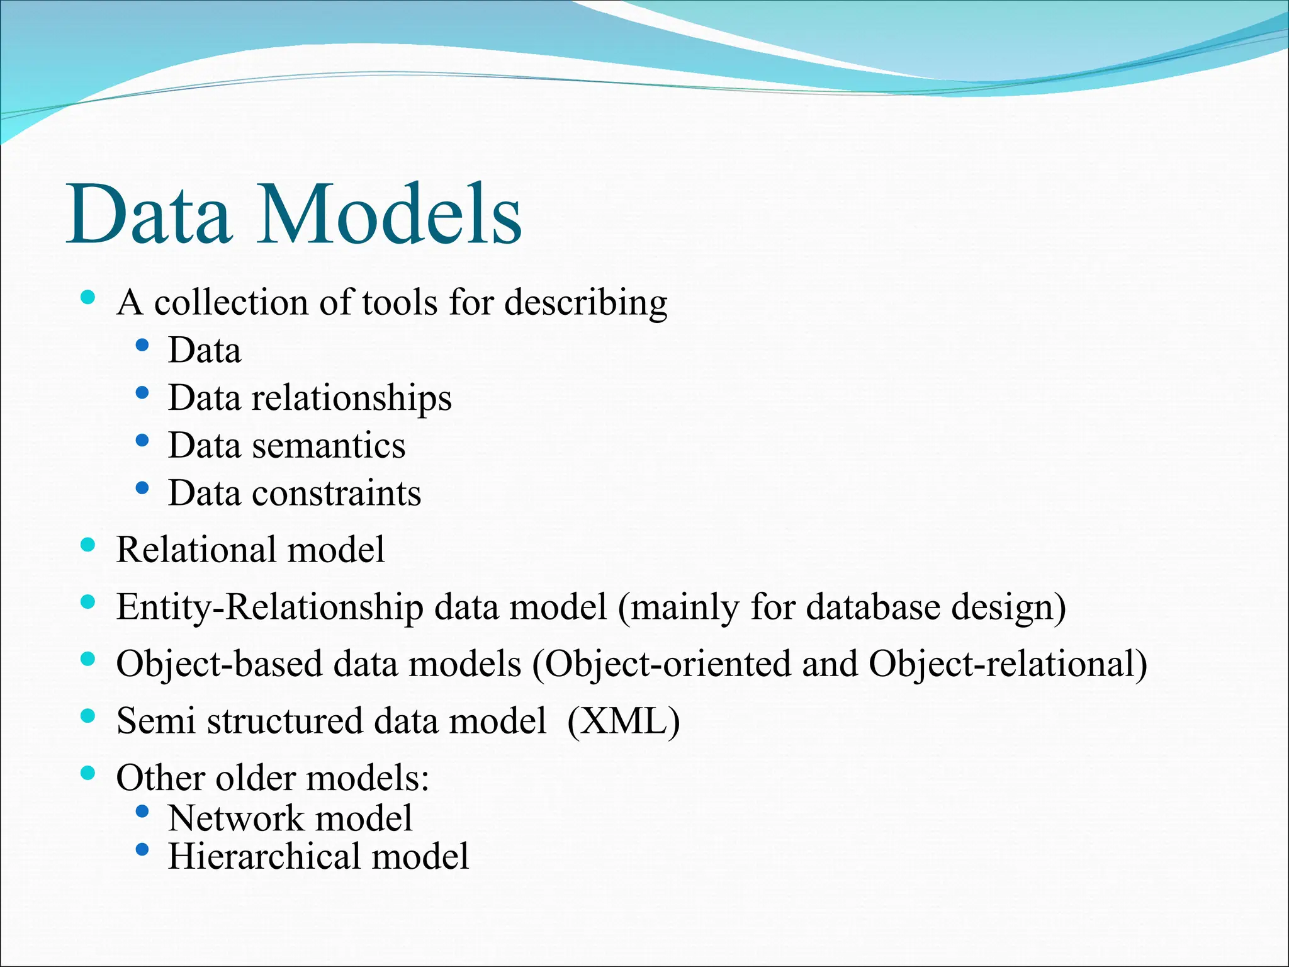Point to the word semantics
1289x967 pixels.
(x=329, y=446)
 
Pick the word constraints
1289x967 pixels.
(x=336, y=493)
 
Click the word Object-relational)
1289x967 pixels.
(x=1008, y=664)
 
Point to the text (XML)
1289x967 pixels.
(x=623, y=721)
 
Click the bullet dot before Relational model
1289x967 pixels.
(x=88, y=545)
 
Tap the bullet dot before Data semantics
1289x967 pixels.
(x=142, y=441)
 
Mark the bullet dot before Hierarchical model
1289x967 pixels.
(x=142, y=851)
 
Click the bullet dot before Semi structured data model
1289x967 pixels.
(x=88, y=716)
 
